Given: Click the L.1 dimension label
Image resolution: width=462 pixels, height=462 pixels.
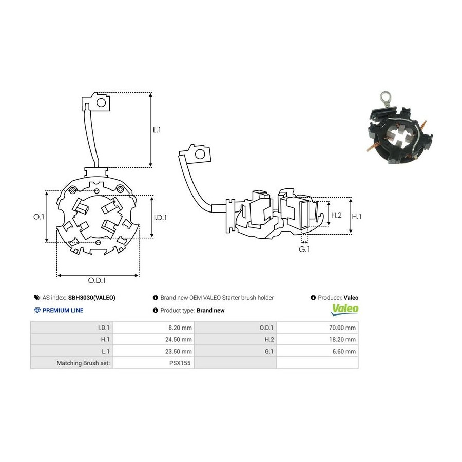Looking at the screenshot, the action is pos(157,130).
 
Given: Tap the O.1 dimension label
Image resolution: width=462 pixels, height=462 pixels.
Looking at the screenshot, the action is pos(38,217).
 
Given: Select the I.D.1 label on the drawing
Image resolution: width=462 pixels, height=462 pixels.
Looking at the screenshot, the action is pos(160,218).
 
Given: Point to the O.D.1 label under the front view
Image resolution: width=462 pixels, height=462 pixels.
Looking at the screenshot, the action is pos(97,280).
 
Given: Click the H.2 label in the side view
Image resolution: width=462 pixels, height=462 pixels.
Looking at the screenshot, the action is pos(336,215).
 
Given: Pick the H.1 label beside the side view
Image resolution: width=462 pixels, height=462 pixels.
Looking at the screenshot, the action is pos(357,217).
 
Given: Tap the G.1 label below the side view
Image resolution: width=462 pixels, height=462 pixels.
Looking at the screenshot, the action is pos(304,249).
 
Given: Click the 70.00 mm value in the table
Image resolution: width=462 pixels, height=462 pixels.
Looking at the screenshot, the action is pos(342,328).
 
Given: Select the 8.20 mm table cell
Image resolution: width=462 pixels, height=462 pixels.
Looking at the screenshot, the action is pos(180,328).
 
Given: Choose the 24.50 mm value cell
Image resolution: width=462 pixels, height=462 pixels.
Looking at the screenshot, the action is pos(178,339).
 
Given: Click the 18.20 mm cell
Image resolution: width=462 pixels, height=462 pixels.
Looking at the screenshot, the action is pos(342,339).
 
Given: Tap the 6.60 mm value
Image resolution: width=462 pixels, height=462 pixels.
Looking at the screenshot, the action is pos(344,351).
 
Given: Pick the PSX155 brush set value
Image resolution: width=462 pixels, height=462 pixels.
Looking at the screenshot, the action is pos(180,363).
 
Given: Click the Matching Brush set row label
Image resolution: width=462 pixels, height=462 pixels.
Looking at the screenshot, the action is pos(83,363).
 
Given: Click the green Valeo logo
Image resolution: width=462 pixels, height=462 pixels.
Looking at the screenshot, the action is pos(345,310).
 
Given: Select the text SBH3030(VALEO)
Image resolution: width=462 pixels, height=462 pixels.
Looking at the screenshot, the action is pos(92,298).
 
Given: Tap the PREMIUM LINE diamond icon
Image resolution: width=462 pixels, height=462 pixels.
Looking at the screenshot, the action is pos(37,310).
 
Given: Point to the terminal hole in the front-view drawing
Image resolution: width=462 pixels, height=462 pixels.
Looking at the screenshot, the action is pos(101,103).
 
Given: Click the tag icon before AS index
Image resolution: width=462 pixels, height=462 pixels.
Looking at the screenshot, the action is pos(37,298).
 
